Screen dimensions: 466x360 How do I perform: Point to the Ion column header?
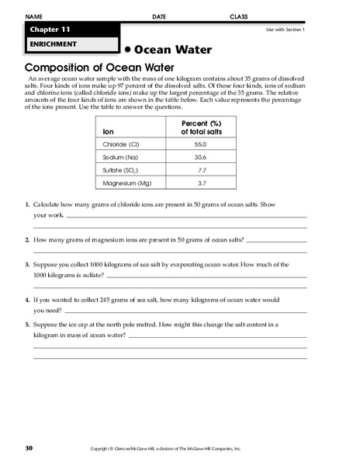[108, 131]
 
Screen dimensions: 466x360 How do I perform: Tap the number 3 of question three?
[28, 265]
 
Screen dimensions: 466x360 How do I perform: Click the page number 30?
[29, 448]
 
